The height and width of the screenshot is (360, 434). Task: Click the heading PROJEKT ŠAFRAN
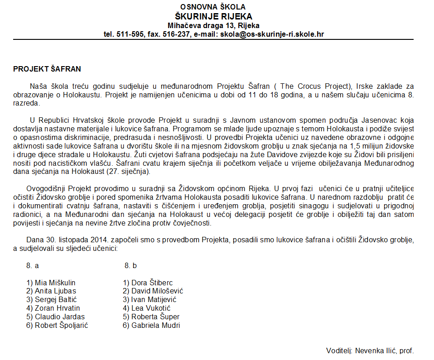(47, 69)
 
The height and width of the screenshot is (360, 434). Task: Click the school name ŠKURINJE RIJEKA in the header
(213, 16)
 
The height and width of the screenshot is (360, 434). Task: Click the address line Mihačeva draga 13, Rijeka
(213, 25)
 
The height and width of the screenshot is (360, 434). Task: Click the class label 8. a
(32, 265)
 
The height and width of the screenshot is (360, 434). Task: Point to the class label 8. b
(130, 265)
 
